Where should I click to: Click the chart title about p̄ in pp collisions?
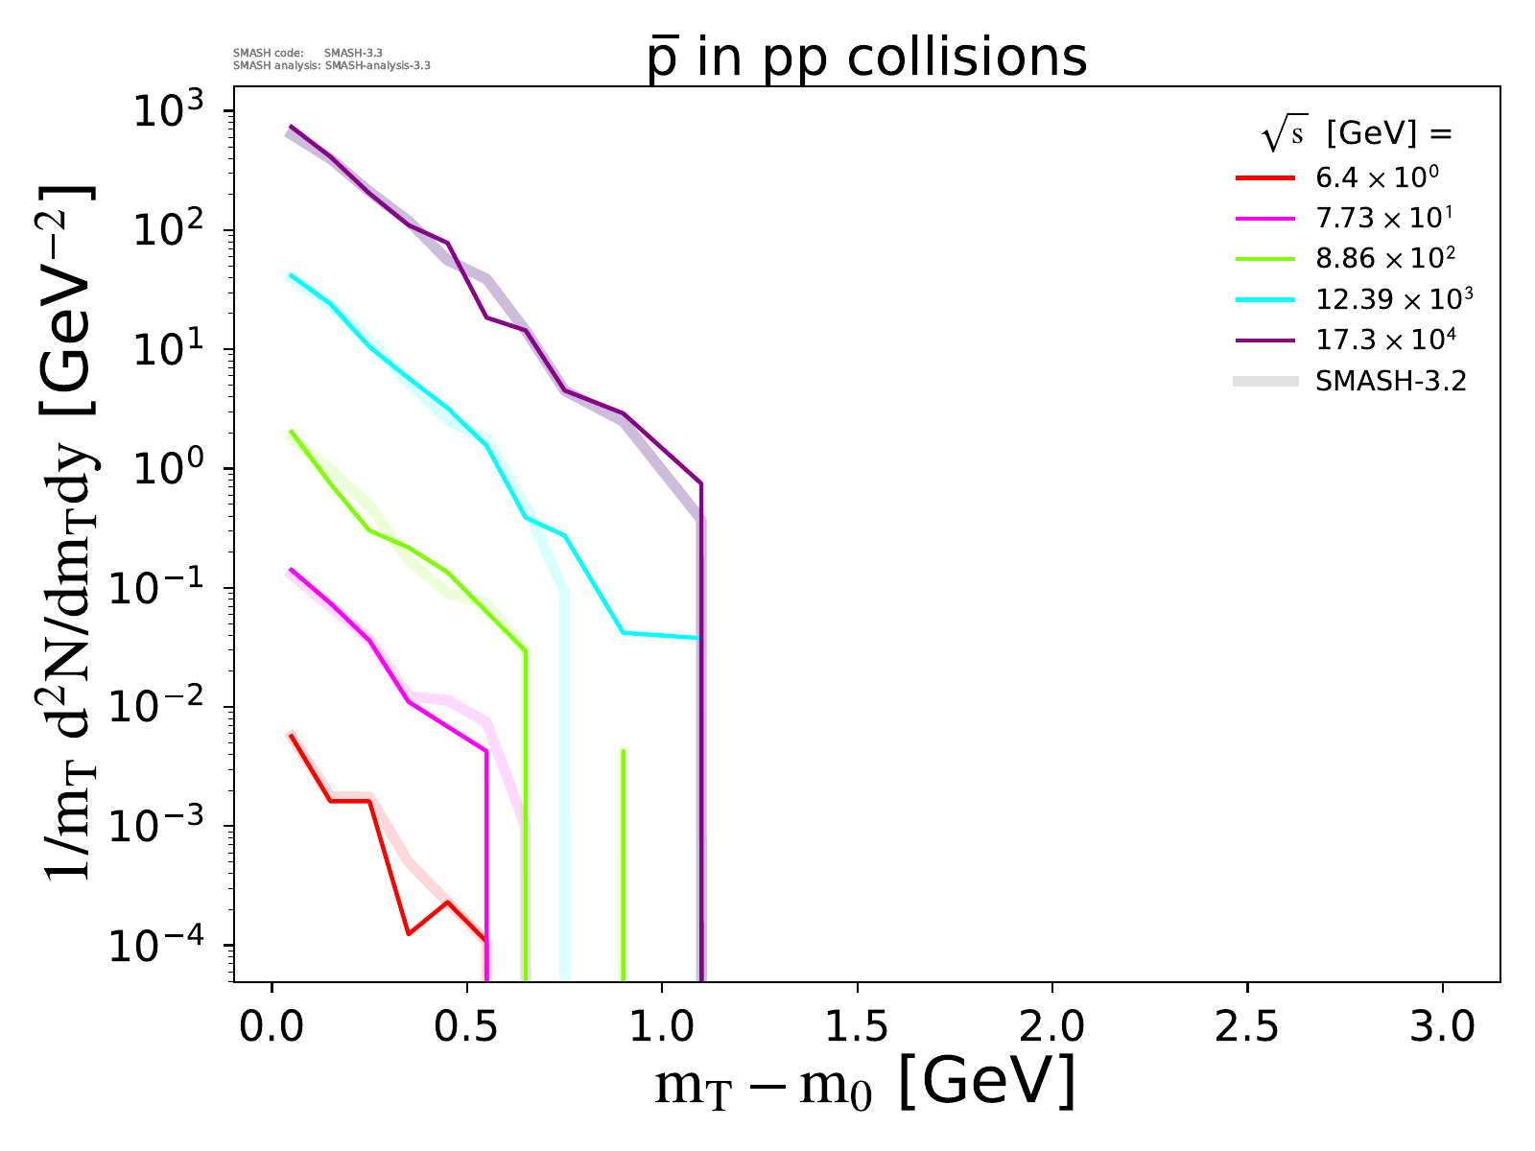point(867,59)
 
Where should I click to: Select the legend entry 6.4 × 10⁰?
point(1377,178)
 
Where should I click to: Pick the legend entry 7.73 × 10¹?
point(1383,219)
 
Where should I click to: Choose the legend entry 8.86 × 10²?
point(1385,259)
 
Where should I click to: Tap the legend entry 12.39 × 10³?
point(1394,299)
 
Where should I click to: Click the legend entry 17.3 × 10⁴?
point(1386,341)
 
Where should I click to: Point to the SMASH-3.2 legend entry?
point(1390,382)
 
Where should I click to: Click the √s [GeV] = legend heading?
point(1357,134)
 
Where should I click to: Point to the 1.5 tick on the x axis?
point(857,1026)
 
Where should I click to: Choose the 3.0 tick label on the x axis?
point(1442,1026)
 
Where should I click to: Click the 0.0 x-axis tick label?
point(272,1026)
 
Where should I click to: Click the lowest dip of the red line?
point(409,933)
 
